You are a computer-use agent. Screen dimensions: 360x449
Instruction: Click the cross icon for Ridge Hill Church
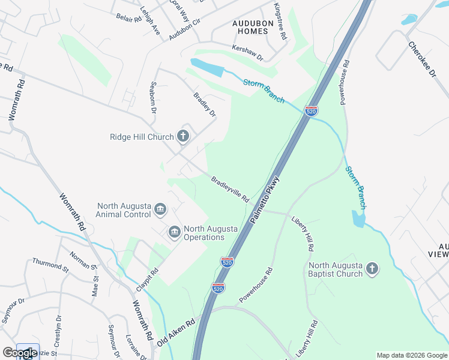pos(183,137)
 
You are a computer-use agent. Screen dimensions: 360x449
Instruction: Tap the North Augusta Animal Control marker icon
pos(160,209)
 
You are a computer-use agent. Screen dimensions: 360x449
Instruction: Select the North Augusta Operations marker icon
pos(175,232)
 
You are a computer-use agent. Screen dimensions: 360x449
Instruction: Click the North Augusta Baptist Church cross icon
pos(372,269)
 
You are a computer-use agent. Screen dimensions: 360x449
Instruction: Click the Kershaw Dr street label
pos(248,52)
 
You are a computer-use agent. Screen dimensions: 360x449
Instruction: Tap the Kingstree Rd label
pos(280,22)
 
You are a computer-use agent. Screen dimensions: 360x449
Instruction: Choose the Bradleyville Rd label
pos(230,188)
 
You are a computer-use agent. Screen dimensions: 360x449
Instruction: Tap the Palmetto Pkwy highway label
pos(265,201)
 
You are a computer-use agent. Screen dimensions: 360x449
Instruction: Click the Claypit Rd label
pos(147,280)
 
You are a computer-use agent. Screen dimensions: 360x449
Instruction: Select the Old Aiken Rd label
pos(176,332)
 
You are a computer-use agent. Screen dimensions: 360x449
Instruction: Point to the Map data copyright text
pos(412,355)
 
